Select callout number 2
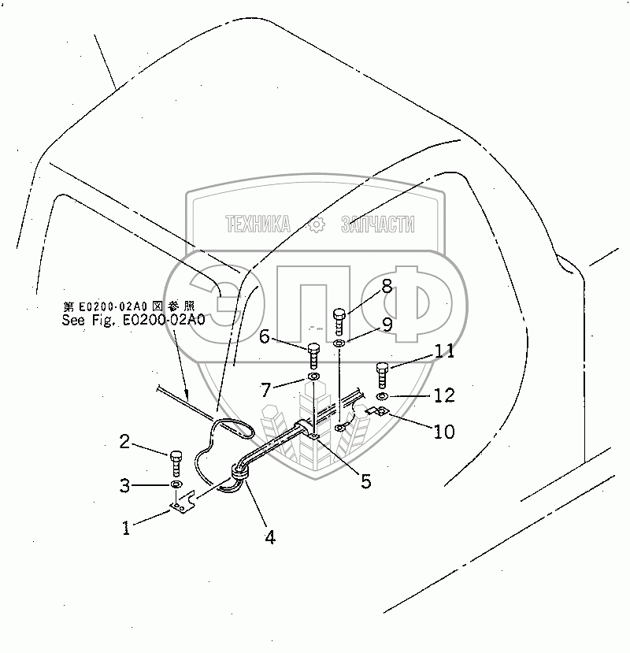(x=124, y=442)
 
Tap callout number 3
(x=125, y=485)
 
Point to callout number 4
(x=270, y=539)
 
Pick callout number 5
(x=365, y=480)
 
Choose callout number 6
(x=264, y=337)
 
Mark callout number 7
(x=267, y=388)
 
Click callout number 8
(x=387, y=286)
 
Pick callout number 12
(x=444, y=396)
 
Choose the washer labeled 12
(x=381, y=395)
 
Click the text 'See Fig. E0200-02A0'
(x=133, y=320)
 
